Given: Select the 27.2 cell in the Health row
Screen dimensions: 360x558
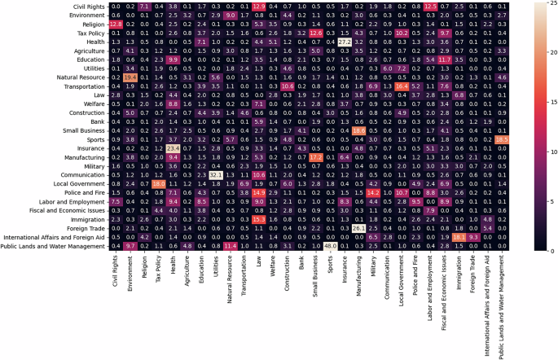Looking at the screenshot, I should pos(345,42).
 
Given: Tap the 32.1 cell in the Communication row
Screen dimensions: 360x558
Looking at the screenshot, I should pos(216,174).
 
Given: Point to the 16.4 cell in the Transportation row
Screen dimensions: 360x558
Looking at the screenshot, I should pos(424,86).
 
